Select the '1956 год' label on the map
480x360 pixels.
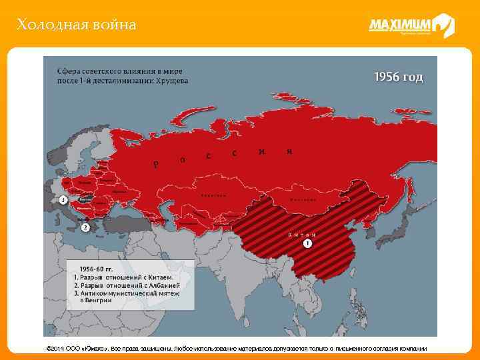[x=397, y=77]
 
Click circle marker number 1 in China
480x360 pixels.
[x=307, y=244]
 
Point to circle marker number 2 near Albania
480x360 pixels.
[x=85, y=227]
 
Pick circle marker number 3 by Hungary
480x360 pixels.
[x=63, y=199]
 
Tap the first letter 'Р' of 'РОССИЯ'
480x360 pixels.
[x=155, y=164]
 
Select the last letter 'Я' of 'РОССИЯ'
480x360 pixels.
[x=289, y=151]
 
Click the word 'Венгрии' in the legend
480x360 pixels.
[x=96, y=300]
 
